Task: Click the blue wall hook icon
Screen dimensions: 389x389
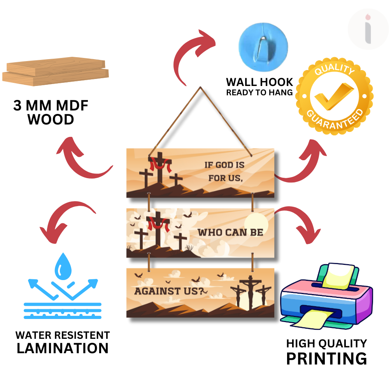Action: point(263,43)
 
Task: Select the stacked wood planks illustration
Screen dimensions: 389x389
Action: point(55,72)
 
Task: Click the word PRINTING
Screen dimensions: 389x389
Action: point(326,358)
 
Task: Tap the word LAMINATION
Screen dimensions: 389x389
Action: point(62,348)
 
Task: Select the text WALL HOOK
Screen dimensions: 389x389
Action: point(259,82)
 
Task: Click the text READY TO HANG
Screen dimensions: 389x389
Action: point(259,93)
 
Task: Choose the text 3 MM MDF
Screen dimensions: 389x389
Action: point(51,106)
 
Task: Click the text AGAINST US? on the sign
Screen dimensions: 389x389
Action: point(169,291)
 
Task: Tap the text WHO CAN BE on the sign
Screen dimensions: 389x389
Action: point(230,233)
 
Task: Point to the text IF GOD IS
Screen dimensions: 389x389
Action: point(224,165)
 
